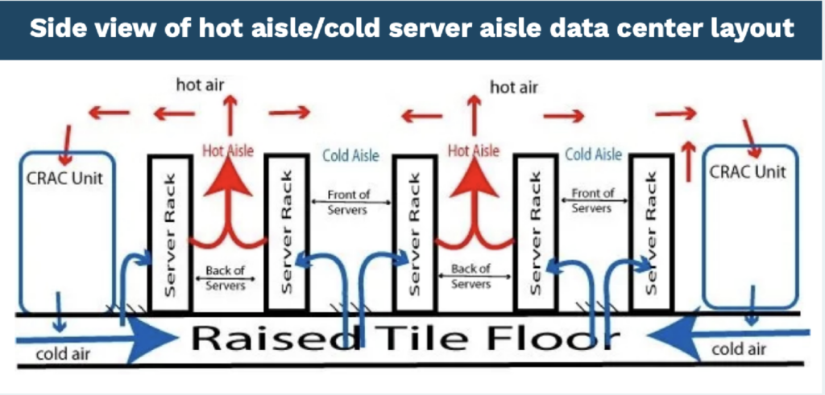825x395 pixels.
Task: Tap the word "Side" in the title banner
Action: [x=60, y=29]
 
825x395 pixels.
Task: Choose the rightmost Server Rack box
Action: [x=650, y=233]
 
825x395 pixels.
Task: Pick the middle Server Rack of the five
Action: [x=413, y=233]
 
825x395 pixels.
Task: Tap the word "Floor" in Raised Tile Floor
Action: [x=549, y=339]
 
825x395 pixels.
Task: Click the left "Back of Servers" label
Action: [x=226, y=278]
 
